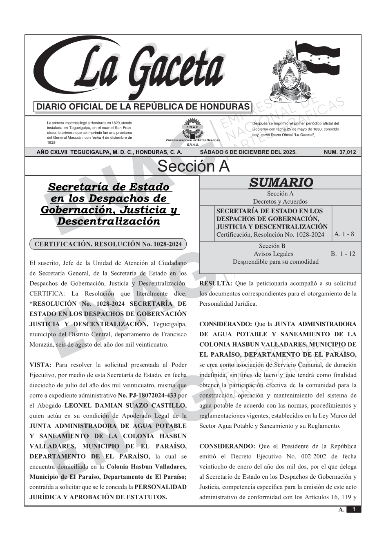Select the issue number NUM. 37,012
coord(339,152)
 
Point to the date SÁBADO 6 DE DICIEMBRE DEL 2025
coord(248,152)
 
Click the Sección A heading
coord(193,167)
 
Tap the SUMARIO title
coord(281,182)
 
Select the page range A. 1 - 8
coord(344,234)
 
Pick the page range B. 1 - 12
coord(343,254)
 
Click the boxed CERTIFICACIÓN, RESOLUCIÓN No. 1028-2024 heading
coord(108,244)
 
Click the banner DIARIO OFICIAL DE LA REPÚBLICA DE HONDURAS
coord(143,107)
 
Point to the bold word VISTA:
coord(40,365)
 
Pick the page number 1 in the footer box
coord(354,509)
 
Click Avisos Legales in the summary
coord(273,254)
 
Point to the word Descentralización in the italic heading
coord(108,222)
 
